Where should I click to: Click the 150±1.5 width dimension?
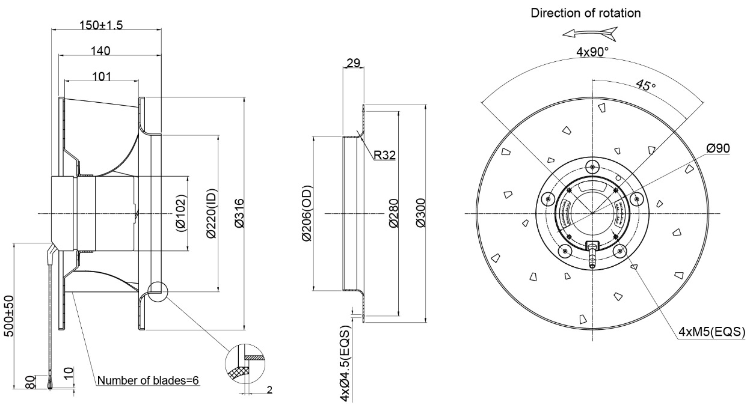point(101,25)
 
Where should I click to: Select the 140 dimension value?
point(100,50)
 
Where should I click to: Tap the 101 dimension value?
point(102,76)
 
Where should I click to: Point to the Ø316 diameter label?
point(239,213)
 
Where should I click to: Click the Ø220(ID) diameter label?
point(212,214)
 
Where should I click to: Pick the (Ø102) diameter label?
point(180,213)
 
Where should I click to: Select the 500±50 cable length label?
point(9,316)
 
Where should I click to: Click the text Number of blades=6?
point(148,380)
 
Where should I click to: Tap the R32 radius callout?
point(384,155)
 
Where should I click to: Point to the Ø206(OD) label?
point(307,213)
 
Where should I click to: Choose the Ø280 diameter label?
point(394,213)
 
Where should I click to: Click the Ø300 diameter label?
point(420,213)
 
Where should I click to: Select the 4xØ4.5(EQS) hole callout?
point(345,364)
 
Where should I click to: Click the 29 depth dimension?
point(353,62)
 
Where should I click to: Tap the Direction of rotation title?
point(586,13)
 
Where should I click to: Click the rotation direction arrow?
point(590,33)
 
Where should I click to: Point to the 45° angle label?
point(646,85)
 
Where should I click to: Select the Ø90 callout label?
point(718,148)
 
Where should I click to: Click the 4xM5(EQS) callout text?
point(712,332)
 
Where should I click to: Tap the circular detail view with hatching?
point(245,364)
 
